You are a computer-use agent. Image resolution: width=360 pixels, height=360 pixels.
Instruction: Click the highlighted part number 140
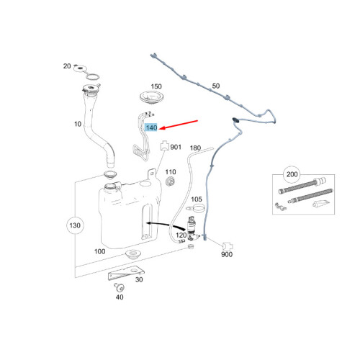[151, 127]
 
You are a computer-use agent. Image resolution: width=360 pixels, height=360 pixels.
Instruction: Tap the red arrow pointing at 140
[179, 125]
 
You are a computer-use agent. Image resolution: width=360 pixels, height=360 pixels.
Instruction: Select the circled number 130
[75, 225]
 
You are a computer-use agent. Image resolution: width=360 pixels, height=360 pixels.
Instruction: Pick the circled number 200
[292, 174]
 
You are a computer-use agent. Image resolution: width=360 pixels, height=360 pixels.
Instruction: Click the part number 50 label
[216, 86]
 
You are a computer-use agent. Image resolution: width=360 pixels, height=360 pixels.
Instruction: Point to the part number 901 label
[176, 147]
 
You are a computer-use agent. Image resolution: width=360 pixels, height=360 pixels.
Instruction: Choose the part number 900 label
[227, 254]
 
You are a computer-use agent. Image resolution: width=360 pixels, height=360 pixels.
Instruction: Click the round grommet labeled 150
[152, 97]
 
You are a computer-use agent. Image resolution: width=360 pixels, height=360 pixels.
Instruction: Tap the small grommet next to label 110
[170, 181]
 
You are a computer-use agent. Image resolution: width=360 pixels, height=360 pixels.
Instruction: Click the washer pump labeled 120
[192, 228]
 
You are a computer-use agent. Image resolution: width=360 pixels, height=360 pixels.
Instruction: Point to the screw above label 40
[119, 287]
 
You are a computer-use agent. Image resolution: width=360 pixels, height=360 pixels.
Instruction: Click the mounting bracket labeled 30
[126, 273]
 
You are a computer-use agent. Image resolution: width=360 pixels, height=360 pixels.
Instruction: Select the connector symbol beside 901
[164, 145]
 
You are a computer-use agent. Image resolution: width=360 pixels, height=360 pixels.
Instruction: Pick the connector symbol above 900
[228, 246]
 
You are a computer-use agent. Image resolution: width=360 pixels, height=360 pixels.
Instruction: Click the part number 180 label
[195, 148]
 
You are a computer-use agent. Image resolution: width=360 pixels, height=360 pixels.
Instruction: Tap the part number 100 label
[99, 251]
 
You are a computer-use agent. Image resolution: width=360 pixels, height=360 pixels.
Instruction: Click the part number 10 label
[78, 124]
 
